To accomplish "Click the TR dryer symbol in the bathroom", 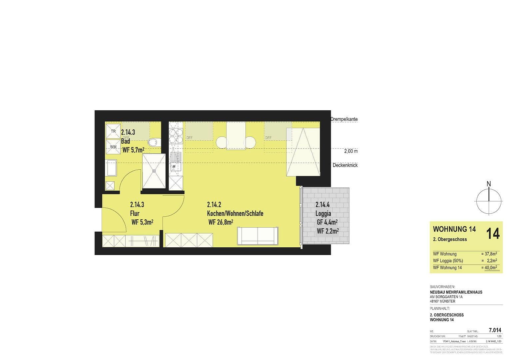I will coord(113,131).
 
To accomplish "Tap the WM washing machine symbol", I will coord(113,147).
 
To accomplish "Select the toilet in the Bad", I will coord(153,143).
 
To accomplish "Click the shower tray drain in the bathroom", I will coord(154,170).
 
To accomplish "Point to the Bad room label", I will coord(126,141).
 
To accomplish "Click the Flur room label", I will coord(135,213).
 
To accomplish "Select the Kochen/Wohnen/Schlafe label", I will coord(235,213).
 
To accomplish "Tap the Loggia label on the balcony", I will coord(323,213).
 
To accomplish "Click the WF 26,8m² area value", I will coord(220,222).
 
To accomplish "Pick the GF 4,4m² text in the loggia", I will coord(327,222).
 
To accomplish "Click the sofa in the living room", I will coord(258,236).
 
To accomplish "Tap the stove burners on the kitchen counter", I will coord(176,135).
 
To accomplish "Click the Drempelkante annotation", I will coord(344,119).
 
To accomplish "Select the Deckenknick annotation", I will coord(345,165).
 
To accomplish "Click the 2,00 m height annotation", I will coord(351,151).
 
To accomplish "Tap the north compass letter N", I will coord(489,184).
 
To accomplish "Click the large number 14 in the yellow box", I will coord(493,233).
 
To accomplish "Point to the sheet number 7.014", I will coord(495,330).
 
